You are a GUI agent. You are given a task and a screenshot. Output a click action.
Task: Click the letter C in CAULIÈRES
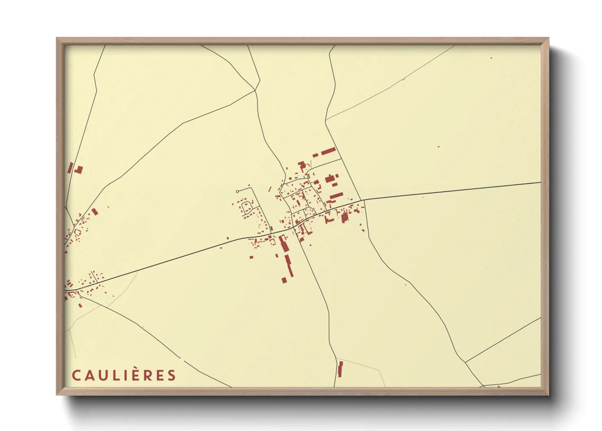click(76, 375)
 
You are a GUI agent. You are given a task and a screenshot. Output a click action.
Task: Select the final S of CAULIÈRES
click(172, 375)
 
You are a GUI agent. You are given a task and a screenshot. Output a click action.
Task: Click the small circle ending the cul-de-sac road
click(238, 191)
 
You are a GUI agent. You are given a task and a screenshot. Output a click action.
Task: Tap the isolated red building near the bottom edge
click(340, 369)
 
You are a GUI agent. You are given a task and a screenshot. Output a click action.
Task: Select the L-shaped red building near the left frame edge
click(79, 170)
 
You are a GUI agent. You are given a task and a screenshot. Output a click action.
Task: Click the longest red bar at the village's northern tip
click(328, 152)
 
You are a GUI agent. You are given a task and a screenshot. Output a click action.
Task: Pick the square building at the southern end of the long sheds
click(284, 280)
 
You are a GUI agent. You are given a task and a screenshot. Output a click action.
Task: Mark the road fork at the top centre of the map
click(256, 90)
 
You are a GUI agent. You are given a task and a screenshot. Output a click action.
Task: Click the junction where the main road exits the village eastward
click(363, 200)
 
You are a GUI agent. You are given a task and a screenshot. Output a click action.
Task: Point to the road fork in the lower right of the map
click(465, 362)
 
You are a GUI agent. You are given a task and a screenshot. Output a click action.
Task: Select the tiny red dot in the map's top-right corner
click(491, 58)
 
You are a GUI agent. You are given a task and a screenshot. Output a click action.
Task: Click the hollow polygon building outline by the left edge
click(77, 232)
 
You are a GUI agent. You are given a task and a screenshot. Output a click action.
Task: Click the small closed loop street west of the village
click(246, 207)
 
